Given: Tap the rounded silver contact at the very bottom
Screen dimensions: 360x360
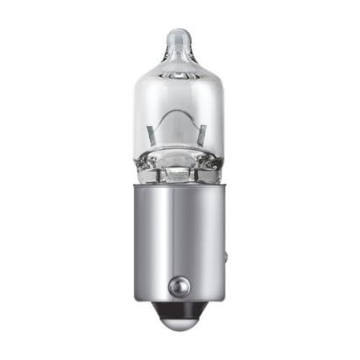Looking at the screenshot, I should click(180, 326).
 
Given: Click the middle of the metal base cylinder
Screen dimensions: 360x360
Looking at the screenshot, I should click(180, 236).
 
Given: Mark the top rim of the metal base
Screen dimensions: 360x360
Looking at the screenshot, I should click(180, 186).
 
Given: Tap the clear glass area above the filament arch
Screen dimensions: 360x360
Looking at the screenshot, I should click(180, 88).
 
